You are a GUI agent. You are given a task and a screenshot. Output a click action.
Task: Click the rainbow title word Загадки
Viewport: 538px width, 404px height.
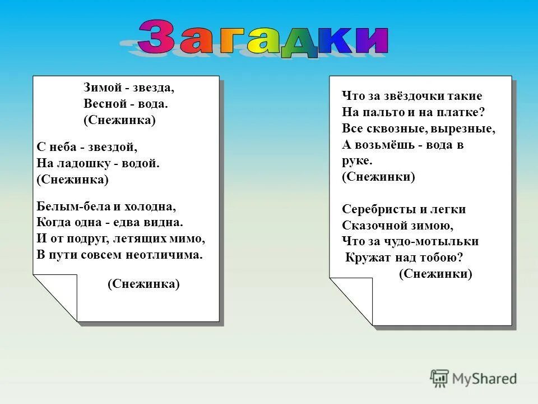[x=263, y=39]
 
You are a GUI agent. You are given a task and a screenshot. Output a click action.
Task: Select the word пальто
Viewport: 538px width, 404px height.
[x=382, y=112]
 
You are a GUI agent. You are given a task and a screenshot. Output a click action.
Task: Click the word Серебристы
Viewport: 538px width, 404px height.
[x=378, y=209]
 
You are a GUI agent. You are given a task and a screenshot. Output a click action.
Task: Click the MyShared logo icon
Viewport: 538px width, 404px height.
[x=439, y=378]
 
